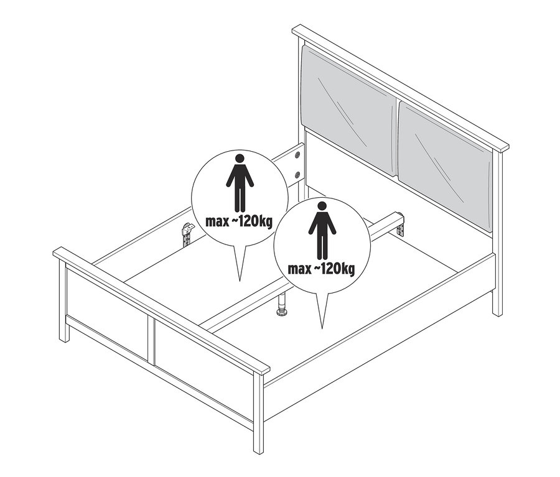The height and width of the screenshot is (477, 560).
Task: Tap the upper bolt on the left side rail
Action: pyautogui.click(x=297, y=155)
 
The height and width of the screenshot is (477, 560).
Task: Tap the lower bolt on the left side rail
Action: pyautogui.click(x=297, y=175)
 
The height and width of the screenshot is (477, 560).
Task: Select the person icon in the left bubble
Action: pyautogui.click(x=240, y=182)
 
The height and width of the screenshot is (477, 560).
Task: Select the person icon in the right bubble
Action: pyautogui.click(x=322, y=231)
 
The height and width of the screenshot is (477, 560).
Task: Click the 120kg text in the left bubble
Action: pyautogui.click(x=253, y=222)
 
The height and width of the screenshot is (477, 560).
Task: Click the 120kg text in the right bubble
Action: pyautogui.click(x=335, y=269)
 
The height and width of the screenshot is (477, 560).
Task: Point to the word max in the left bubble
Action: pyautogui.click(x=217, y=222)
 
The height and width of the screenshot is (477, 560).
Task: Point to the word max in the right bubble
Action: pyautogui.click(x=299, y=269)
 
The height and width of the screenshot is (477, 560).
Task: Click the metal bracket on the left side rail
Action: pyautogui.click(x=187, y=234)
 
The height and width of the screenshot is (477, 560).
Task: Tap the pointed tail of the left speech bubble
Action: pyautogui.click(x=240, y=280)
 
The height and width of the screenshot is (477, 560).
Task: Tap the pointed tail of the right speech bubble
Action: pyautogui.click(x=322, y=328)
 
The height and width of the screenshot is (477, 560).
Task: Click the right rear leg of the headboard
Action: pyautogui.click(x=497, y=233)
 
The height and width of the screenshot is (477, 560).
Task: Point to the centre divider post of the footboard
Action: pyautogui.click(x=151, y=341)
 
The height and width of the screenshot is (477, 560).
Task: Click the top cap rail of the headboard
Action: pyautogui.click(x=400, y=87)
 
